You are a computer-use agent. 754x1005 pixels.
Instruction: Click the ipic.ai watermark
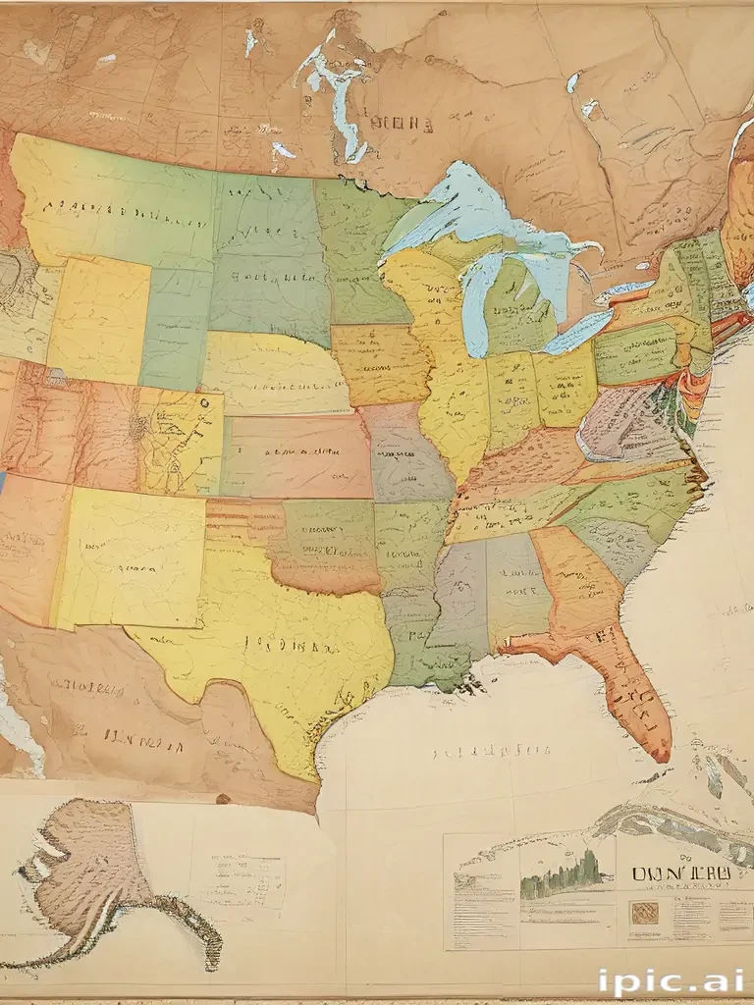point(670,980)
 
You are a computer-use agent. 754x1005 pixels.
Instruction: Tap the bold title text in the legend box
point(680,873)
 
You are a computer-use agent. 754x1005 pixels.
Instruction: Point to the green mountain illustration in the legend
point(561,875)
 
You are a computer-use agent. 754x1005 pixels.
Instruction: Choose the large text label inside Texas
point(296,648)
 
